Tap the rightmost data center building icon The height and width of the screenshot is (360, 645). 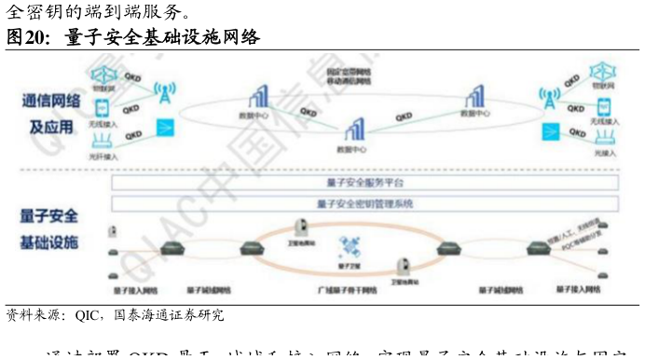pyautogui.click(x=474, y=96)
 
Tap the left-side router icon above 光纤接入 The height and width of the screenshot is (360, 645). pyautogui.click(x=102, y=140)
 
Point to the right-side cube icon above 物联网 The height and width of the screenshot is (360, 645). pyautogui.click(x=601, y=72)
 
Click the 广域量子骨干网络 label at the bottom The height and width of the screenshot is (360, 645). pyautogui.click(x=346, y=292)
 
